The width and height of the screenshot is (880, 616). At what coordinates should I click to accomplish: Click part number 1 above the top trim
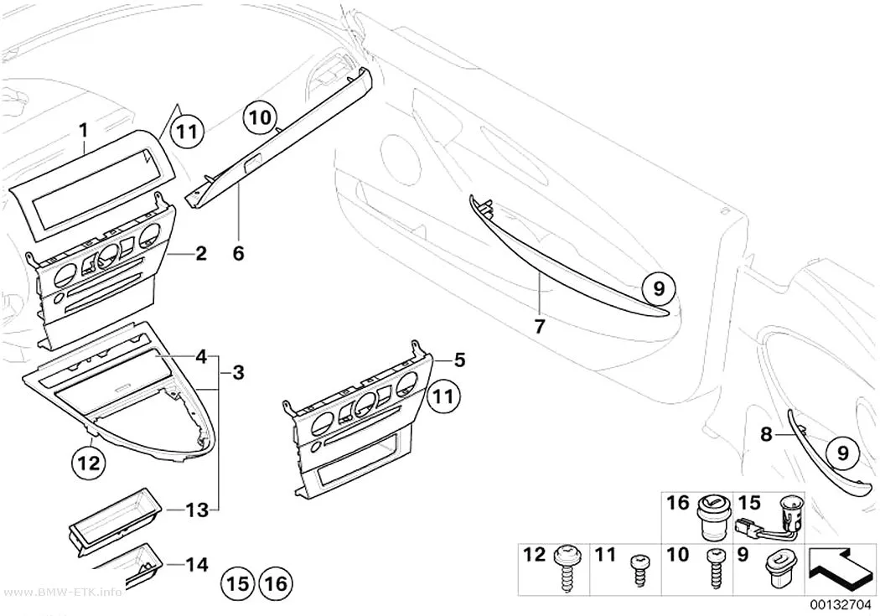(84, 132)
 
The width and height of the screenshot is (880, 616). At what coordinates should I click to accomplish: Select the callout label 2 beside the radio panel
(201, 254)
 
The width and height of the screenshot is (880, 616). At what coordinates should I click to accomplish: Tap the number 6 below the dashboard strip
(239, 254)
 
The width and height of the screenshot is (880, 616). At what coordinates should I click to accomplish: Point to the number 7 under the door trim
(540, 326)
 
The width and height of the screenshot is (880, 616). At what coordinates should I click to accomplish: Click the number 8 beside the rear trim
(766, 433)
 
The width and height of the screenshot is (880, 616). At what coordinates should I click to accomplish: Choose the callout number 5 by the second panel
(459, 360)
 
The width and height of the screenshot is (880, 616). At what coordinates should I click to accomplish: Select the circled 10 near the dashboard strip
(260, 117)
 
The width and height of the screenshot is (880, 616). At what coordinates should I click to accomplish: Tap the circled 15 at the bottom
(237, 584)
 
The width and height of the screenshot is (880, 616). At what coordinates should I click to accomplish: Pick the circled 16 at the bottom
(276, 584)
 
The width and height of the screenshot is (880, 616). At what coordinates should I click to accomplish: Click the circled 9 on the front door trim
(659, 288)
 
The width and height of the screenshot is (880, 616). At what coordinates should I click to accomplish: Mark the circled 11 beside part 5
(443, 397)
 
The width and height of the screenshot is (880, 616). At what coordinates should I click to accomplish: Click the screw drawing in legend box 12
(564, 567)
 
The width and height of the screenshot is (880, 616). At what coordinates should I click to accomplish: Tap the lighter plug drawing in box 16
(712, 517)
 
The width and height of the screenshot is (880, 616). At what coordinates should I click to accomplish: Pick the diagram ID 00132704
(840, 605)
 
